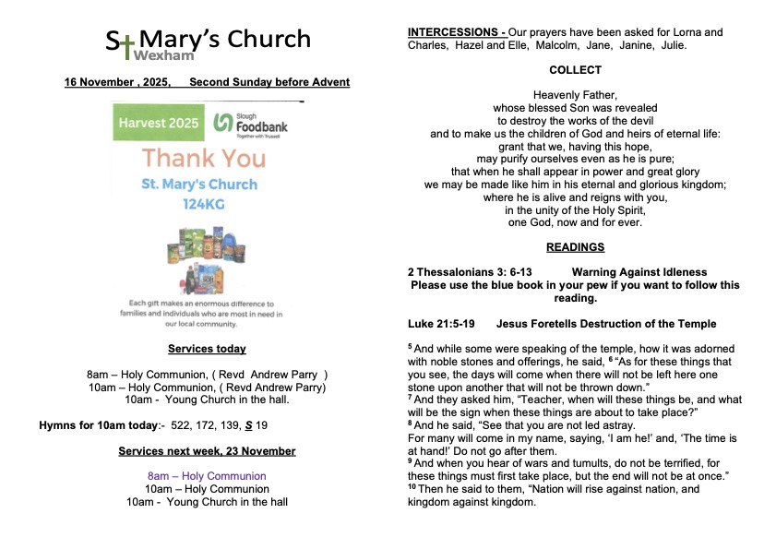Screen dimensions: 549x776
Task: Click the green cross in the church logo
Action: (126, 42)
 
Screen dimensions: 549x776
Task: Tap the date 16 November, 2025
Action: (116, 82)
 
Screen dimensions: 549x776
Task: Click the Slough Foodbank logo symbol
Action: (221, 123)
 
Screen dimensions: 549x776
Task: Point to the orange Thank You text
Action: (203, 158)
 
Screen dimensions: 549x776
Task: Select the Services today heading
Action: (207, 349)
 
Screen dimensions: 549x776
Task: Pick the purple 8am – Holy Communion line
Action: (207, 476)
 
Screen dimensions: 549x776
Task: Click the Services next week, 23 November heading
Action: (207, 451)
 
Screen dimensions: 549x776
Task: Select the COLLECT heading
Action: (575, 70)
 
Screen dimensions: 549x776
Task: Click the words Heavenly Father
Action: (575, 95)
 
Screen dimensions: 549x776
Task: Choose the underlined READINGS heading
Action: (575, 247)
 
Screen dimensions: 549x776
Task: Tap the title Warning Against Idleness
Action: (639, 272)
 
